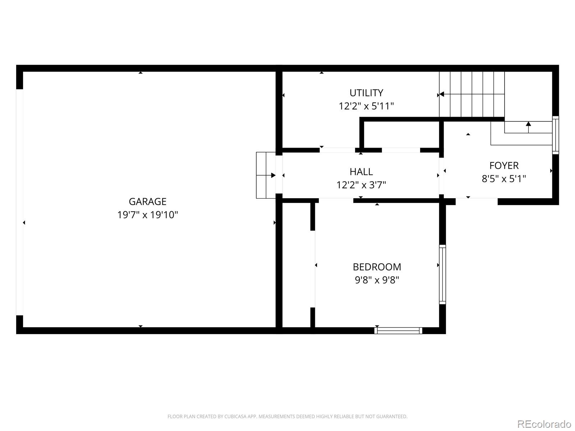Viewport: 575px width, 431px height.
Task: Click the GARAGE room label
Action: click(147, 201)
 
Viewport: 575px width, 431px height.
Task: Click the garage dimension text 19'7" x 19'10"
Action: click(147, 215)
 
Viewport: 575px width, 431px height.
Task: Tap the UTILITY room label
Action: click(366, 93)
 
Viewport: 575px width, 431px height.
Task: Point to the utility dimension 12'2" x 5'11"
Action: click(366, 106)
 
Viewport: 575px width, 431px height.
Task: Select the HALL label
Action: click(361, 172)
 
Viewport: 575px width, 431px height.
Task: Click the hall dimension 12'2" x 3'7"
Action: click(361, 185)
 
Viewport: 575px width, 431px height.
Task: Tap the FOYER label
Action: click(504, 166)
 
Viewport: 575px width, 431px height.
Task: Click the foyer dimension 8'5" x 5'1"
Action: click(504, 179)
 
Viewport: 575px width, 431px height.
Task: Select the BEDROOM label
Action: click(377, 267)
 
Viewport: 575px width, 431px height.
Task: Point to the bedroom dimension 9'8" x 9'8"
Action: click(377, 280)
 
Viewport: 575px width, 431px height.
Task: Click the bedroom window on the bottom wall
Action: click(398, 330)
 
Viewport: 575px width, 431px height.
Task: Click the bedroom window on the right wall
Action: click(442, 274)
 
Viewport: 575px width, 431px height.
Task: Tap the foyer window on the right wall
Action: click(556, 135)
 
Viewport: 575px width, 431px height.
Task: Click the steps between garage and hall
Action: click(266, 175)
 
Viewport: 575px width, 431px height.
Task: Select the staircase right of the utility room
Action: click(471, 94)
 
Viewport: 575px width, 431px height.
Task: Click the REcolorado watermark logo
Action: click(544, 424)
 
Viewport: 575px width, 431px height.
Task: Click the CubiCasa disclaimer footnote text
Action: click(287, 417)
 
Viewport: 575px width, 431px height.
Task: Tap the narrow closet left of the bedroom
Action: click(296, 266)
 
